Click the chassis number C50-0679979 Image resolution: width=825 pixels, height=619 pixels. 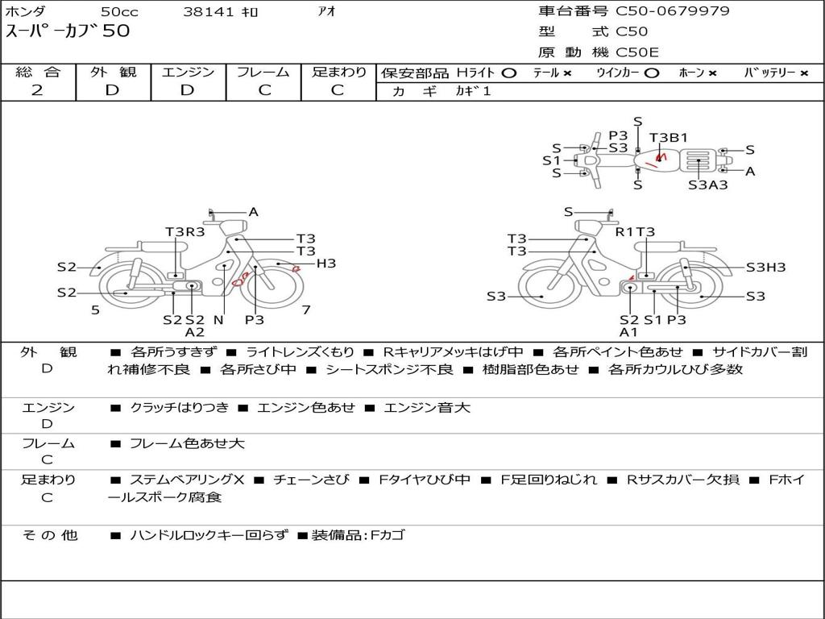pos(673,11)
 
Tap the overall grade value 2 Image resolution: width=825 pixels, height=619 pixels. pos(37,90)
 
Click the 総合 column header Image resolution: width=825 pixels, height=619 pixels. pos(38,72)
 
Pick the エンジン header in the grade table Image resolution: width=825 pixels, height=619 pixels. pos(188,72)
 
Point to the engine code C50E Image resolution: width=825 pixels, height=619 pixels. pos(636,52)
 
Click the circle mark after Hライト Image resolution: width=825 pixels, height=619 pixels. pos(509,73)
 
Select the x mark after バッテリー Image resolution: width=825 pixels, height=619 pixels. pos(804,73)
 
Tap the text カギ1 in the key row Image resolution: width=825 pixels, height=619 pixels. pos(473,91)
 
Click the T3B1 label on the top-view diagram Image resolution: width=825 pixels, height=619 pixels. pos(668,137)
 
